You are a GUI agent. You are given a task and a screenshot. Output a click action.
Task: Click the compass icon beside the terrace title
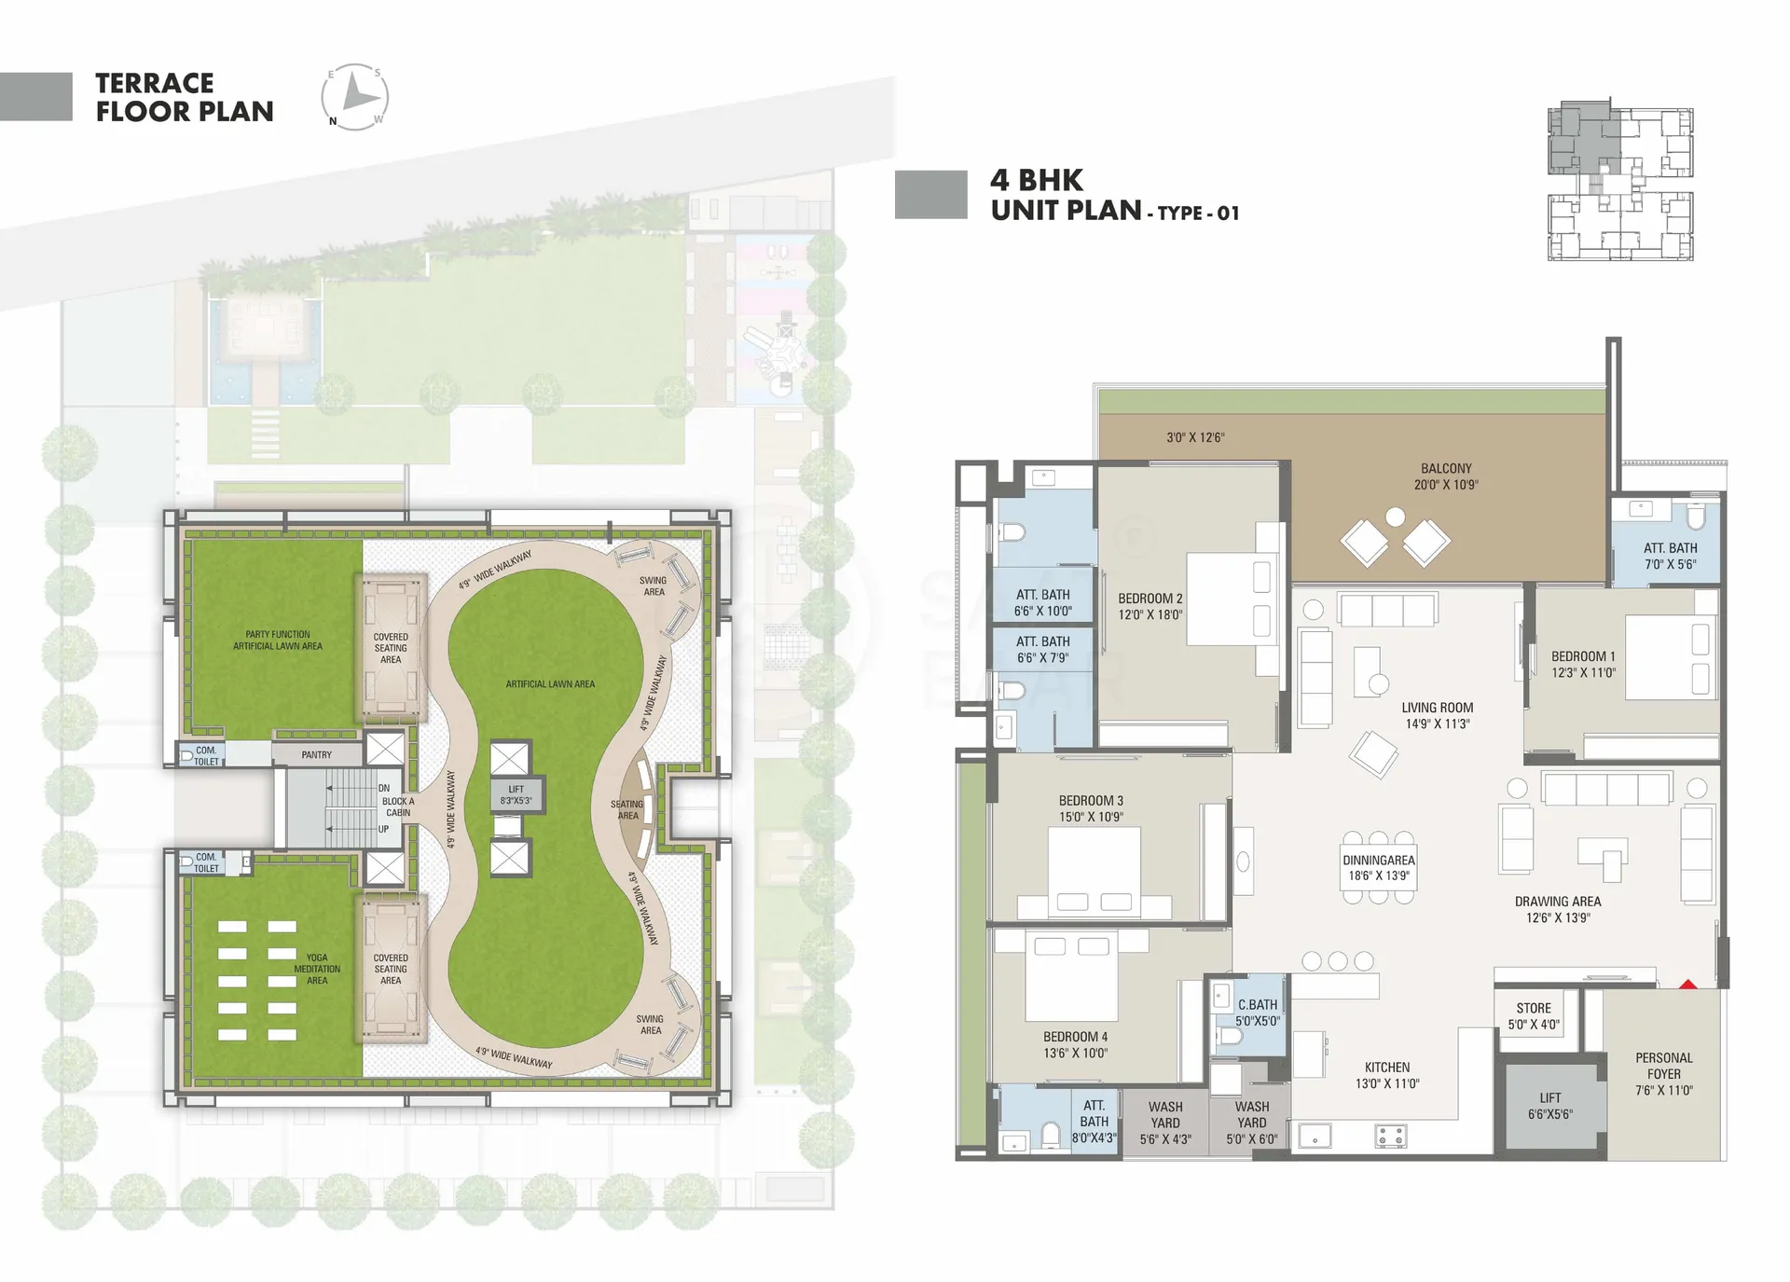pos(355,97)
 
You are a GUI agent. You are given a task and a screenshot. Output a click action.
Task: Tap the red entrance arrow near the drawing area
pos(1687,983)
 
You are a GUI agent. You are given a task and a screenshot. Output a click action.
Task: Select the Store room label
pos(1534,1016)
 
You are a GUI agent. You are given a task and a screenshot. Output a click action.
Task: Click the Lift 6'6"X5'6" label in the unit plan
pos(1550,1106)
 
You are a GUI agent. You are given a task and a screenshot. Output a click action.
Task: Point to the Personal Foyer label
pos(1664,1074)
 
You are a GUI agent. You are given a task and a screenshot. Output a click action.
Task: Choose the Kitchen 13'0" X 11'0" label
pos(1387,1075)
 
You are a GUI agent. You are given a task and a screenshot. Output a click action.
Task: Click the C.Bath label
pos(1258,1013)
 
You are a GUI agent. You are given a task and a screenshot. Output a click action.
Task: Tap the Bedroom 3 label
pos(1091,808)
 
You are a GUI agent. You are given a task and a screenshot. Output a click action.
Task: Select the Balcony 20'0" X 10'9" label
pos(1446,476)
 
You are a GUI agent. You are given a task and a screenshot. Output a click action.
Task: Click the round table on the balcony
pos(1396,516)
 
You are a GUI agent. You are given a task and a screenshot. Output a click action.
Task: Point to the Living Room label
pos(1438,715)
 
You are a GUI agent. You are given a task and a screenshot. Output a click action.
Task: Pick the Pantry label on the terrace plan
pos(317,754)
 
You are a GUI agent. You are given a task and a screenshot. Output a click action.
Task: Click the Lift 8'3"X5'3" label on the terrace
pos(516,794)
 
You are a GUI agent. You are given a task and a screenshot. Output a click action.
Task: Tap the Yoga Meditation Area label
pos(317,969)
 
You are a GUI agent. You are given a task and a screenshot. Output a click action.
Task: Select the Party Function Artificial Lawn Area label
pos(278,640)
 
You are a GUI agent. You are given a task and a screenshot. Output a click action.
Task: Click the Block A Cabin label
pos(398,806)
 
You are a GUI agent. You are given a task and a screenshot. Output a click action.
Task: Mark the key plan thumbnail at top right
pos(1620,180)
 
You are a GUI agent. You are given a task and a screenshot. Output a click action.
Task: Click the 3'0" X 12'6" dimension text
pos(1195,437)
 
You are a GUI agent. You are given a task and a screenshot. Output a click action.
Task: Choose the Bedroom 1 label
pos(1583,664)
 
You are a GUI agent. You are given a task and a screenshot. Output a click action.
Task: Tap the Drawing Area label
pos(1558,909)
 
